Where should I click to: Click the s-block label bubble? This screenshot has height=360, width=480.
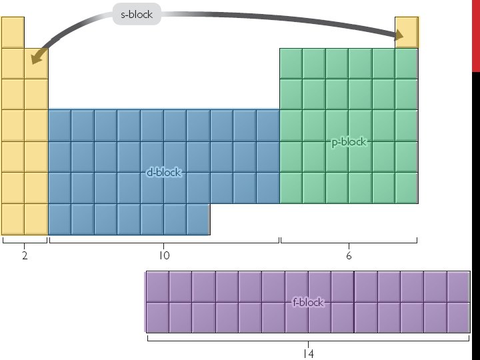(x=137, y=14)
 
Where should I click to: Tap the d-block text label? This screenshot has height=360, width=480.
(x=164, y=173)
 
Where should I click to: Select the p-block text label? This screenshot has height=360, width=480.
(x=349, y=142)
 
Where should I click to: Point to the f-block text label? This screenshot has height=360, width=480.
(x=308, y=302)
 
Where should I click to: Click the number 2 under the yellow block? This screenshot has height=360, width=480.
(x=25, y=256)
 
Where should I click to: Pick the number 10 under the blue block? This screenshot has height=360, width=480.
(x=164, y=256)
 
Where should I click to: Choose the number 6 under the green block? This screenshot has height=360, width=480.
(x=349, y=256)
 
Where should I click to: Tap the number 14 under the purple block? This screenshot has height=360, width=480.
(x=308, y=353)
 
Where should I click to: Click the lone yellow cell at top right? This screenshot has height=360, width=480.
(x=407, y=32)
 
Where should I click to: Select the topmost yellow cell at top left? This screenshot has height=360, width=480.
(x=13, y=32)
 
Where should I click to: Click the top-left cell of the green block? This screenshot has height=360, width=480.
(x=291, y=63)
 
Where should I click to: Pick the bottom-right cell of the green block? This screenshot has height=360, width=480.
(x=406, y=188)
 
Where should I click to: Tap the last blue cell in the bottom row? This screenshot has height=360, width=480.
(x=198, y=219)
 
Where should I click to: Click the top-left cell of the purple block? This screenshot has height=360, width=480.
(x=157, y=287)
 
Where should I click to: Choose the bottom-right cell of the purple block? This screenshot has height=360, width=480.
(x=459, y=317)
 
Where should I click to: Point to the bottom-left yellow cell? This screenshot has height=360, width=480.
(x=13, y=219)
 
